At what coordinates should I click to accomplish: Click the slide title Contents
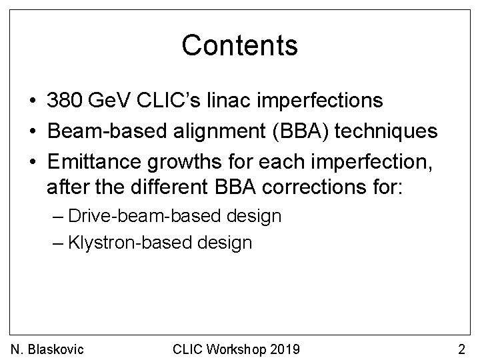[239, 45]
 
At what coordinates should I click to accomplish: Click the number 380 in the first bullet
[64, 101]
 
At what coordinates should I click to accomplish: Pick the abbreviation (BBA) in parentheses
[295, 131]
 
